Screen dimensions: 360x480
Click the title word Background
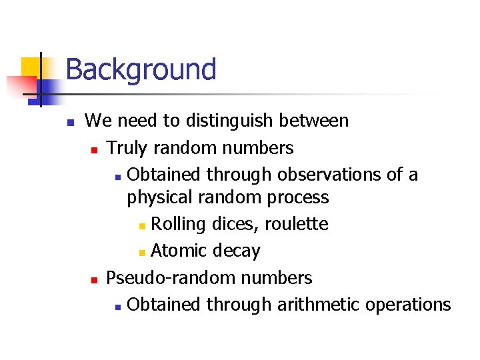[x=141, y=69]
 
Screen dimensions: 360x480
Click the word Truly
[x=127, y=147]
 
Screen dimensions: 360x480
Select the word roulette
[x=296, y=224]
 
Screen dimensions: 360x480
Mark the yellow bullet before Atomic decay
[x=141, y=253]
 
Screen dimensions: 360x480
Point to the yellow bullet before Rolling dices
[x=141, y=226]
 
